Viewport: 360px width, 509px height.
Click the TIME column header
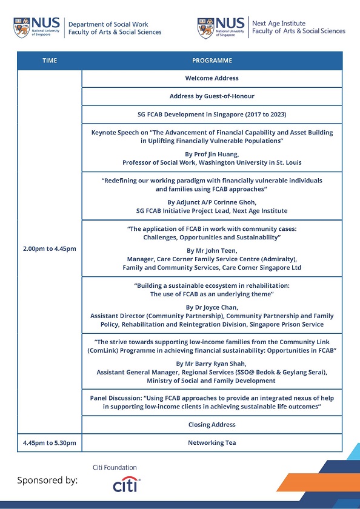pos(49,61)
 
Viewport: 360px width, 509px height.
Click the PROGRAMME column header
pos(212,61)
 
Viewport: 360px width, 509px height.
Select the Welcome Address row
pos(212,78)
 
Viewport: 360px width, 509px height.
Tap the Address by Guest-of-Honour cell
pos(212,96)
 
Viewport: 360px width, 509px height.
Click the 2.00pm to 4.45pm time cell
pos(49,249)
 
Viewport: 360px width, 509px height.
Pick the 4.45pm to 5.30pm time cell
pos(49,443)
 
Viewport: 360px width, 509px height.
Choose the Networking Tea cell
pos(212,443)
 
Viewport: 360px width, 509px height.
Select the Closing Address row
pos(212,425)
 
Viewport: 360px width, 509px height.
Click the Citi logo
pos(127,485)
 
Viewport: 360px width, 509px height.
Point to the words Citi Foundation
pos(115,468)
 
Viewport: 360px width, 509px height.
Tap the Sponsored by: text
pos(47,481)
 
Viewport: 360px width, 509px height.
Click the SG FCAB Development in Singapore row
pos(212,115)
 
